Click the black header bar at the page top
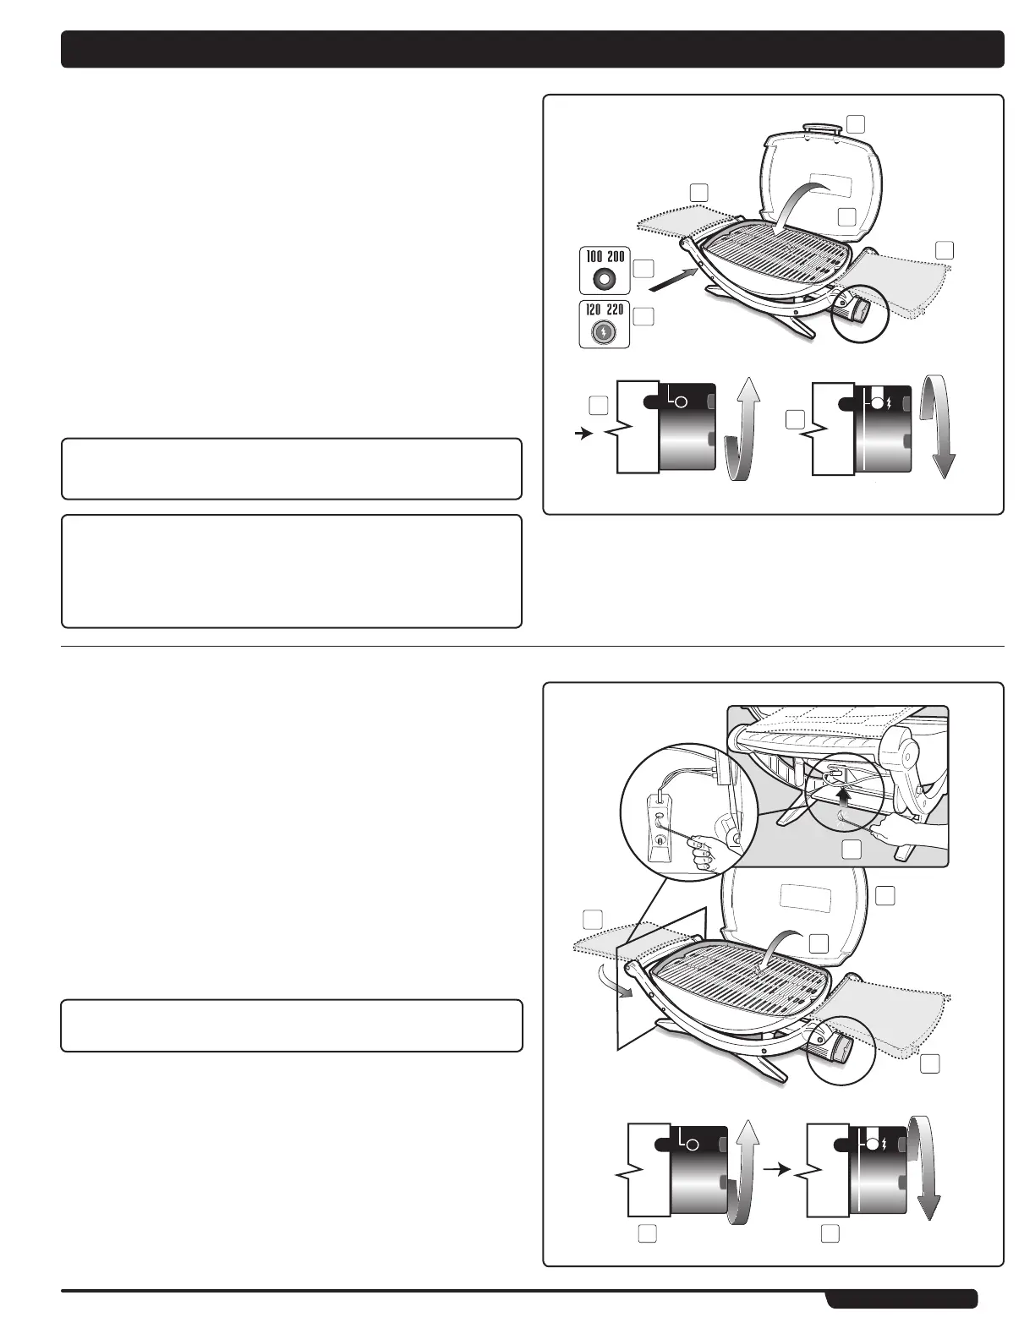point(532,49)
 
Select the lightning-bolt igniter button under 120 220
point(603,332)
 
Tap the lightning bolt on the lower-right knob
point(884,1144)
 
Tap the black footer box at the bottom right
point(901,1298)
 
